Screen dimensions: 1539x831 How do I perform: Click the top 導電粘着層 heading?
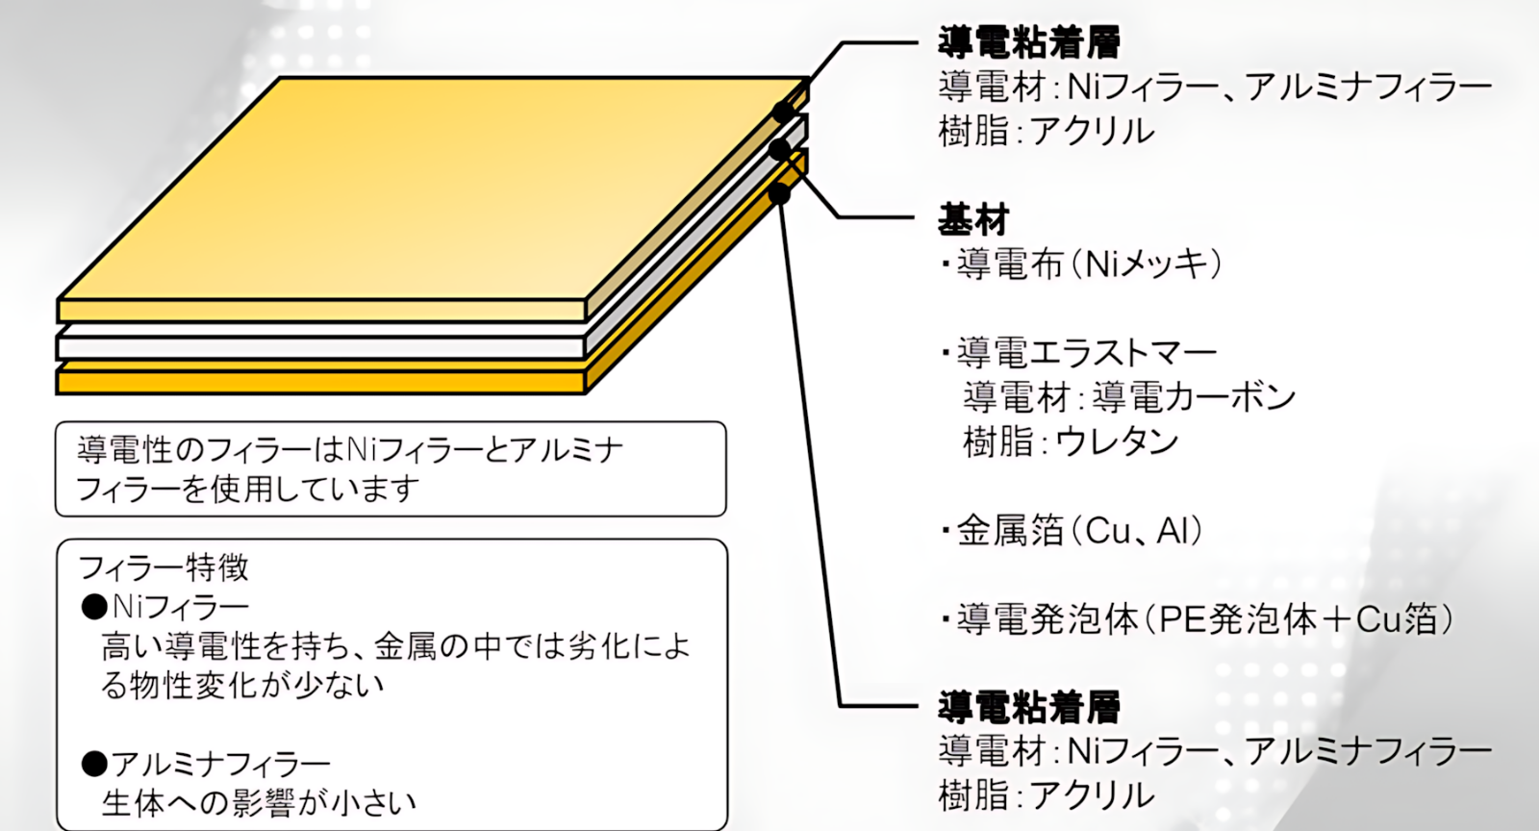1029,42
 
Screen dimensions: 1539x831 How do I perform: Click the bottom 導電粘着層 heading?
1029,708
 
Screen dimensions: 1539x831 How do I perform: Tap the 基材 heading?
973,220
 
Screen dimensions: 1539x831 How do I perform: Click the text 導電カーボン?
1194,397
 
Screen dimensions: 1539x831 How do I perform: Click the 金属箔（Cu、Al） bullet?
1072,531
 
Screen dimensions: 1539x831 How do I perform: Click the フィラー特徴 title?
163,568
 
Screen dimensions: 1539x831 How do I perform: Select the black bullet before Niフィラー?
94,607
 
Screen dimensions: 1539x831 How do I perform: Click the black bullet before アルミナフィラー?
94,764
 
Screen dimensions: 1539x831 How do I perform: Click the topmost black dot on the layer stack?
783,112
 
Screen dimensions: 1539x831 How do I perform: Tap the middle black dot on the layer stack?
779,148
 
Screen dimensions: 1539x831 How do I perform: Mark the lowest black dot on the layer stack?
779,193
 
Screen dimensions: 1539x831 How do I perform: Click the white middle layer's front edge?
321,347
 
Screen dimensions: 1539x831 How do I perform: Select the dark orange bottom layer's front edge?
321,382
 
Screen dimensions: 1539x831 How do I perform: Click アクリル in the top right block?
1093,131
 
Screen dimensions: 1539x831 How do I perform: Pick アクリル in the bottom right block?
1093,796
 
